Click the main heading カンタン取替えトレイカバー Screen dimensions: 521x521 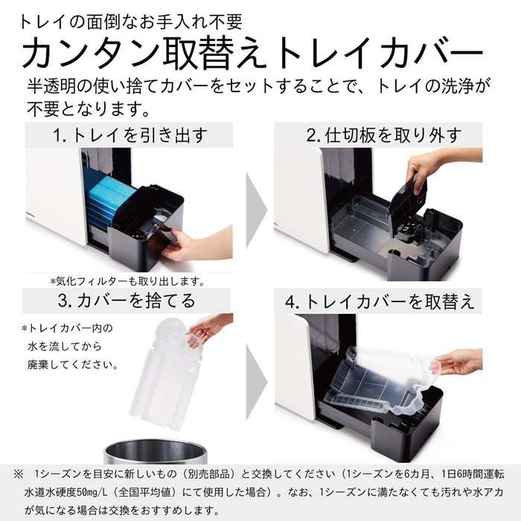(x=253, y=54)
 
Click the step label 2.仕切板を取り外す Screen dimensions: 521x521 (x=384, y=135)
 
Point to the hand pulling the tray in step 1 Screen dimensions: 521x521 (x=186, y=242)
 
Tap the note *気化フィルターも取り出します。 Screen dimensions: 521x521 (x=127, y=281)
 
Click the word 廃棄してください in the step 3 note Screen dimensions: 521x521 (x=71, y=365)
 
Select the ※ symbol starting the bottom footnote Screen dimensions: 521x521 (x=16, y=474)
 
